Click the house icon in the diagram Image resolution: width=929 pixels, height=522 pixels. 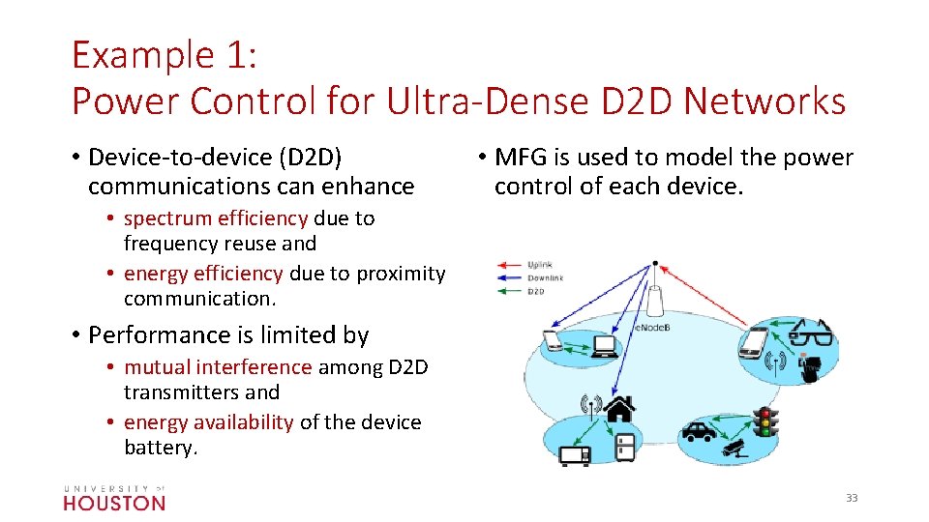[x=619, y=409]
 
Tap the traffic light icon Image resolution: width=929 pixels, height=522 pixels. [x=767, y=425]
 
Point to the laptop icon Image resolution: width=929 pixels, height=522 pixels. [x=607, y=345]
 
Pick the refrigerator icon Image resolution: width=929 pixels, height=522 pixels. [x=625, y=447]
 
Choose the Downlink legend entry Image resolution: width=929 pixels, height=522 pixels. [x=545, y=277]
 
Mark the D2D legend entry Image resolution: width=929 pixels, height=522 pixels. [x=536, y=290]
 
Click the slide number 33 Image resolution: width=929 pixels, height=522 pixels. [x=852, y=498]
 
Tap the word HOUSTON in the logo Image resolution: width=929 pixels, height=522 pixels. [x=114, y=503]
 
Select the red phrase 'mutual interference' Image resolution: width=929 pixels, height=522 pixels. [x=218, y=367]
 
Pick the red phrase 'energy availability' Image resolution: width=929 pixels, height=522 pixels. [x=209, y=422]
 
